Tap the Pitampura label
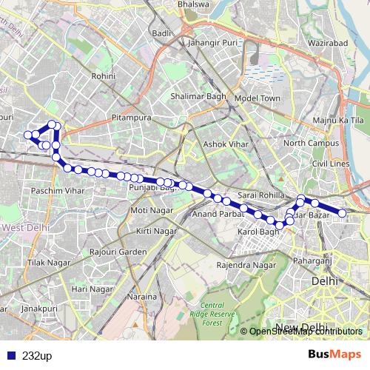(x=131, y=118)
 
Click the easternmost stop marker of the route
(x=343, y=213)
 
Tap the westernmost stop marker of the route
(x=27, y=135)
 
